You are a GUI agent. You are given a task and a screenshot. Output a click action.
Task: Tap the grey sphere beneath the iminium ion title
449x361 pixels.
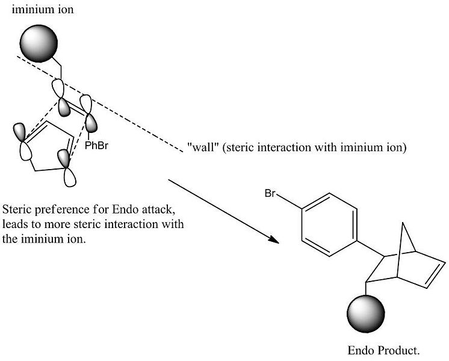click(39, 43)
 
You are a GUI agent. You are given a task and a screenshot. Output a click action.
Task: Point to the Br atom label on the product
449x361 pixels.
click(270, 194)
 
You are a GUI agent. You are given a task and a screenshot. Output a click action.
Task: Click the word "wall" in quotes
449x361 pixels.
click(201, 148)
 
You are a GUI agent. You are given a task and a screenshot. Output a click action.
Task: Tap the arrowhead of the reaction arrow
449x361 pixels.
click(275, 240)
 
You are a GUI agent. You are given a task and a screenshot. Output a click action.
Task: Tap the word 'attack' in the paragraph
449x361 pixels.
click(159, 211)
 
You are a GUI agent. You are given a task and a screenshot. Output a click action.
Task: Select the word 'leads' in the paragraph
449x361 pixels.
click(14, 224)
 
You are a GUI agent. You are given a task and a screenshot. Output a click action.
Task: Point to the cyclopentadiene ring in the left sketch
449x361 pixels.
click(49, 150)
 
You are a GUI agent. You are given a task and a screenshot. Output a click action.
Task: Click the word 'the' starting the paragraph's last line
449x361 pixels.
click(10, 236)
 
